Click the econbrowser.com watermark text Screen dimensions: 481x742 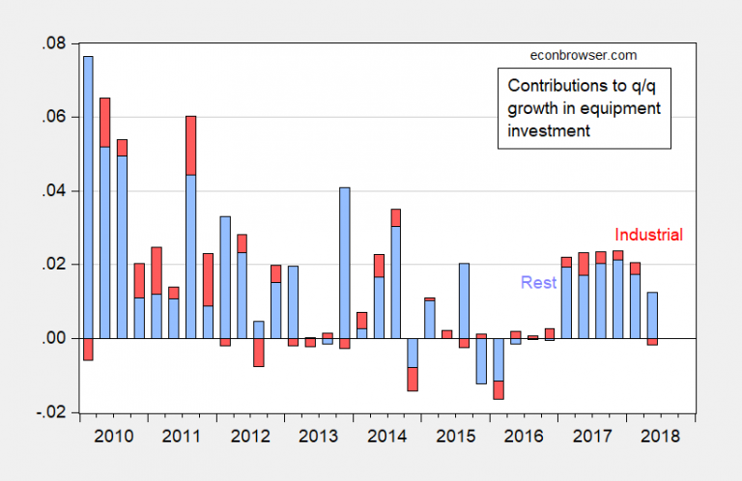tap(584, 56)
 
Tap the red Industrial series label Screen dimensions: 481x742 tap(648, 235)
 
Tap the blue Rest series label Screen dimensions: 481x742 tap(539, 283)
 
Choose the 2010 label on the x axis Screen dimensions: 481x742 tap(114, 436)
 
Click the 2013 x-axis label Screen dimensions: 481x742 tap(319, 436)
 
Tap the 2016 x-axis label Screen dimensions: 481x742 tap(525, 436)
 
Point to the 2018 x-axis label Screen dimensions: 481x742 tap(661, 436)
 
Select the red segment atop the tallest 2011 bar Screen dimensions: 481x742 tap(190, 145)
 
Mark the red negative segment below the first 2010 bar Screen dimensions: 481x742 tap(88, 349)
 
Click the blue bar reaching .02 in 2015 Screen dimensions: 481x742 tap(464, 300)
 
